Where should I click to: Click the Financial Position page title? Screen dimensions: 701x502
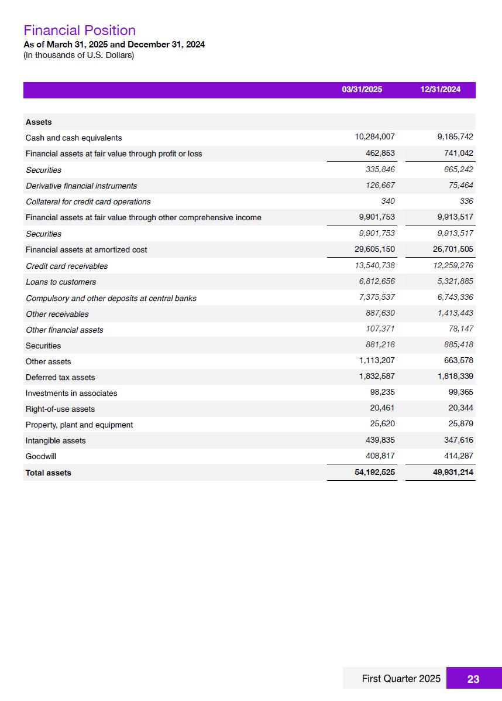(80, 30)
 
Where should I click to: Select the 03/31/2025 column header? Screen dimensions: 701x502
(362, 90)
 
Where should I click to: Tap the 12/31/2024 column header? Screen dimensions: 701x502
(440, 90)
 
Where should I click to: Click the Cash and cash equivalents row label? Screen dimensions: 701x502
(74, 138)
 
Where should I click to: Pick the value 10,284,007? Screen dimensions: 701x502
(374, 137)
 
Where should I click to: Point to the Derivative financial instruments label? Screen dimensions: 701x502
(81, 186)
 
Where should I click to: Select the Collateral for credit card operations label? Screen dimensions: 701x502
(88, 201)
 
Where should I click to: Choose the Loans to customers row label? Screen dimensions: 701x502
(61, 282)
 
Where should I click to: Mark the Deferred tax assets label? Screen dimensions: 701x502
(60, 377)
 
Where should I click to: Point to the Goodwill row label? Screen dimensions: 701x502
(41, 456)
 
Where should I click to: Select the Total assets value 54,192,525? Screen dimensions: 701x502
(374, 472)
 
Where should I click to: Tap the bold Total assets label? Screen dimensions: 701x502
(48, 473)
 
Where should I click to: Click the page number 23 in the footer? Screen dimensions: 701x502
(473, 679)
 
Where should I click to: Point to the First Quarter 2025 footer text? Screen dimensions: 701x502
(401, 679)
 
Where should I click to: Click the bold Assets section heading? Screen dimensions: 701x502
(39, 122)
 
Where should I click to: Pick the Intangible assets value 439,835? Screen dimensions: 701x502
(380, 440)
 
